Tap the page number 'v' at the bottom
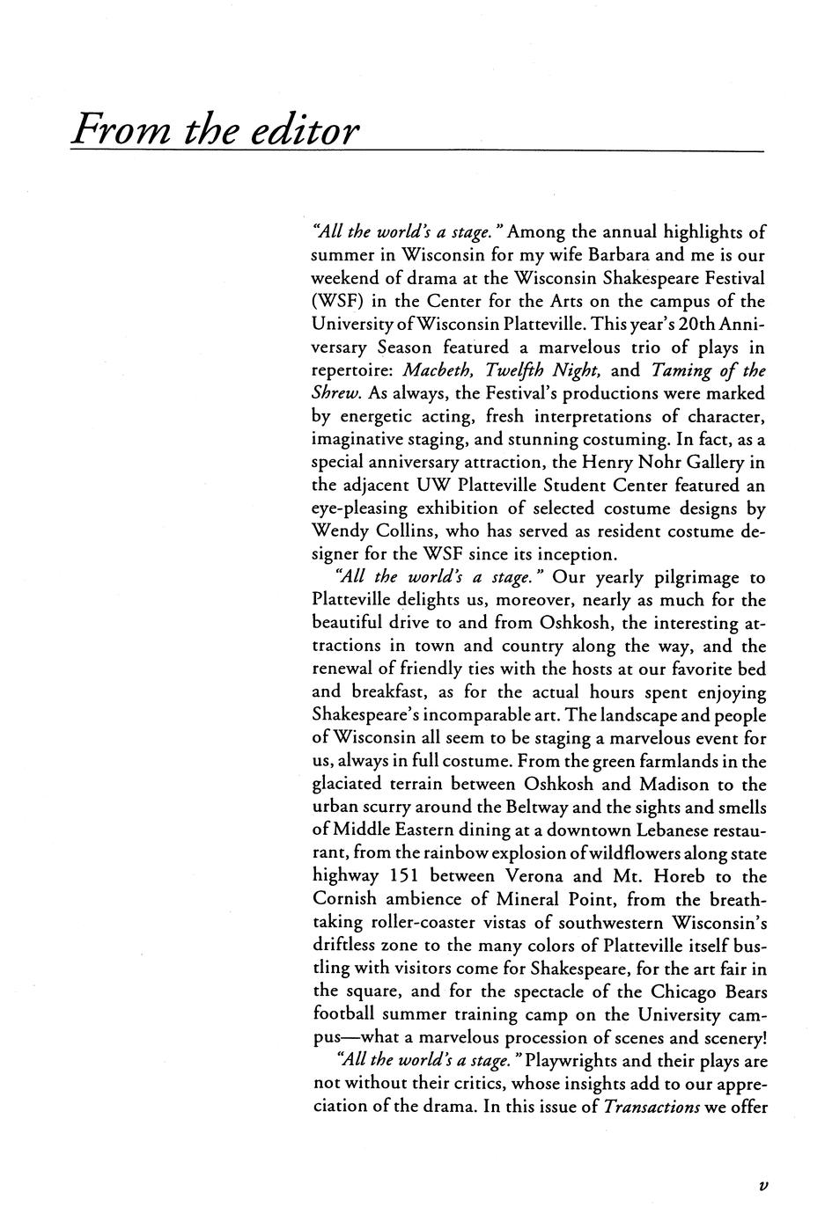pyautogui.click(x=763, y=1185)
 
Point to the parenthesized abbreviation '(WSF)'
pyautogui.click(x=338, y=302)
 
